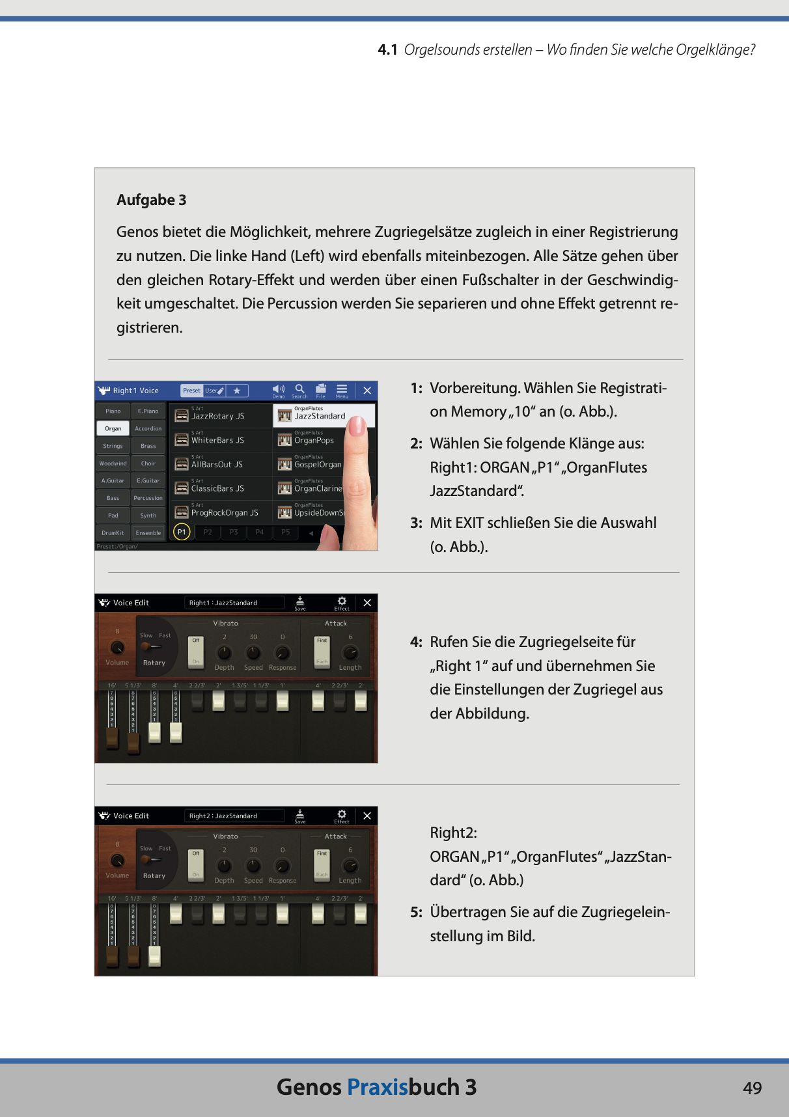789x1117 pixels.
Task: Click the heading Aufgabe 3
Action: (151, 200)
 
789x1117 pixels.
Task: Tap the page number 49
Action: (752, 1088)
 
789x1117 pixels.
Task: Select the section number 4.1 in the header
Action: (387, 50)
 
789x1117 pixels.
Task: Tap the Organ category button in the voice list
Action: (113, 428)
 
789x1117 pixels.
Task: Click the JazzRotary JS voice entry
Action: (219, 415)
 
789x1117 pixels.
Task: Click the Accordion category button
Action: (148, 428)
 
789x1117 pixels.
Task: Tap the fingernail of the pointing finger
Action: (356, 426)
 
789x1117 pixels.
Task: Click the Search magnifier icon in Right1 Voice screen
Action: (299, 389)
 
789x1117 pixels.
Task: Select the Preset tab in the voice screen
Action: (191, 391)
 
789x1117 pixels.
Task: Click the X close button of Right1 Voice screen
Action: (367, 391)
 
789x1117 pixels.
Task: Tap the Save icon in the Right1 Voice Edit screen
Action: (300, 601)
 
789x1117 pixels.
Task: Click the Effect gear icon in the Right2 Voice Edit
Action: (342, 814)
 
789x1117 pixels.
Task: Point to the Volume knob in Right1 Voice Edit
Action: (117, 648)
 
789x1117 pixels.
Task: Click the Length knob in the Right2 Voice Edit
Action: (350, 866)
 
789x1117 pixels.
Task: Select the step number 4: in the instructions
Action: (416, 642)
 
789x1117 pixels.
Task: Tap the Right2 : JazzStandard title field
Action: (234, 816)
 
